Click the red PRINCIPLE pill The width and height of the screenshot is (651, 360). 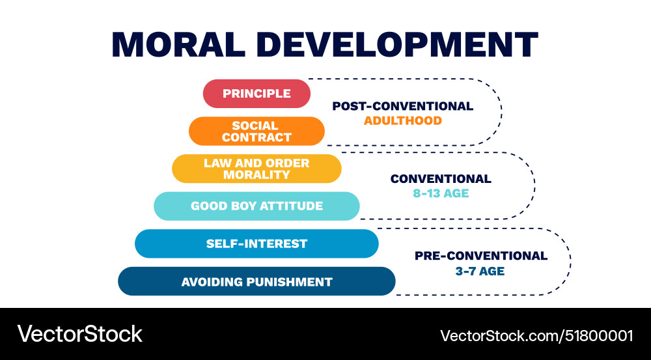[x=256, y=94]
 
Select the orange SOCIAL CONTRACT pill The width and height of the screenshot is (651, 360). [x=256, y=131]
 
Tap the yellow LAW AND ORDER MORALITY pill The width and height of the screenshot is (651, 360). [x=256, y=169]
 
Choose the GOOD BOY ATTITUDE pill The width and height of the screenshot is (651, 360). [x=256, y=206]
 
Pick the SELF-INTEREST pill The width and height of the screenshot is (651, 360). [x=256, y=243]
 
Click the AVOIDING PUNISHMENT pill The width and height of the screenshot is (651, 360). [x=256, y=281]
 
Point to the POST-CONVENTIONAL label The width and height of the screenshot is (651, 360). [x=402, y=106]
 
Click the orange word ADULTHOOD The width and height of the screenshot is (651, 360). [x=402, y=120]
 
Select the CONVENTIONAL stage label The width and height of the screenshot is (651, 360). [x=441, y=178]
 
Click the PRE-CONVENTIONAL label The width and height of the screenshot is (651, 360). [x=481, y=256]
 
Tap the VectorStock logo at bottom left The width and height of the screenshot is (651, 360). [x=79, y=334]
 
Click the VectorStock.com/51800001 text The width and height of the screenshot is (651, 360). [x=536, y=335]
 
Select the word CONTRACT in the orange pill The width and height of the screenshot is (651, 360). [x=256, y=137]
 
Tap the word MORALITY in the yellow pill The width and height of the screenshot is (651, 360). [x=256, y=174]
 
